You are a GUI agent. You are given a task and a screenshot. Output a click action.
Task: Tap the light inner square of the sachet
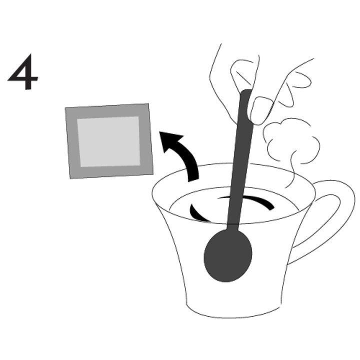coord(108,141)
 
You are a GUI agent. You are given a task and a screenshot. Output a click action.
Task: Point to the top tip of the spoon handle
coord(245,92)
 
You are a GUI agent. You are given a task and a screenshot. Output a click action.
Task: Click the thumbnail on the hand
coord(260,109)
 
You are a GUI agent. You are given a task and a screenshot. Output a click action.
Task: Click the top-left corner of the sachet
coord(66,108)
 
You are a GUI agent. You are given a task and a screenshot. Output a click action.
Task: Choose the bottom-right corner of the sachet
coord(152,173)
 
